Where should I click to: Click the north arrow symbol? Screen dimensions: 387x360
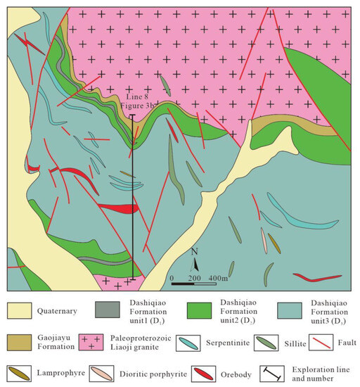[x=196, y=265]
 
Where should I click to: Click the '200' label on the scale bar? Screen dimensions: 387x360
[x=194, y=278]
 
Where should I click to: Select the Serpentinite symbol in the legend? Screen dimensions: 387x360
[x=186, y=344]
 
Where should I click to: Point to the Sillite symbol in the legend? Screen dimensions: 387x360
[x=271, y=344]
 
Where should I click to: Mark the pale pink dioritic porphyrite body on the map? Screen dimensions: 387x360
[x=264, y=241]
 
